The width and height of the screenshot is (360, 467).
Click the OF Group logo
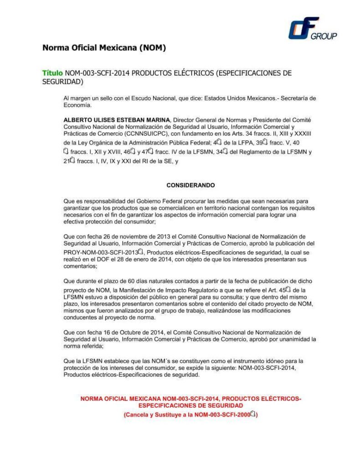(312, 29)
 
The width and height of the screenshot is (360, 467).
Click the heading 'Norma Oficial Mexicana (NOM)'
(104, 47)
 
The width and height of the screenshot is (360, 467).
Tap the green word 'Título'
(52, 73)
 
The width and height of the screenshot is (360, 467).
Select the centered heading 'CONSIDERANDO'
(190, 186)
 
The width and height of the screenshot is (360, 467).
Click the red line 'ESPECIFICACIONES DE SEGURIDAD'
(190, 405)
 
